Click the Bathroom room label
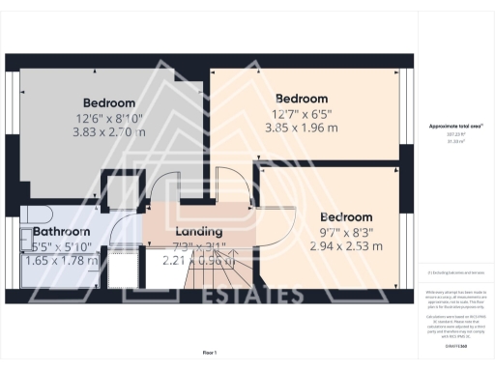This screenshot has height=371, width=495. [x=62, y=232]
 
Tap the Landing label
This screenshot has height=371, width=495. [x=199, y=232]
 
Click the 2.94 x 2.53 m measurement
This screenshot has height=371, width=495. [x=344, y=246]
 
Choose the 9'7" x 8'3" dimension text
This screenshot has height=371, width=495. [x=346, y=232]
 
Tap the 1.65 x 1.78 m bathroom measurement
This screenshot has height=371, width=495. [x=62, y=260]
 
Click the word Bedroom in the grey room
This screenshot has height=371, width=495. [x=109, y=103]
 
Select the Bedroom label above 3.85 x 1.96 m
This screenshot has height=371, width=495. [x=302, y=99]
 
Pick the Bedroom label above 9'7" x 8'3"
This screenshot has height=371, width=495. [x=346, y=216]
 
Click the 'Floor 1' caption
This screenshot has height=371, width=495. [x=209, y=352]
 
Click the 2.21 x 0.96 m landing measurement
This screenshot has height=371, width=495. [x=199, y=260]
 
